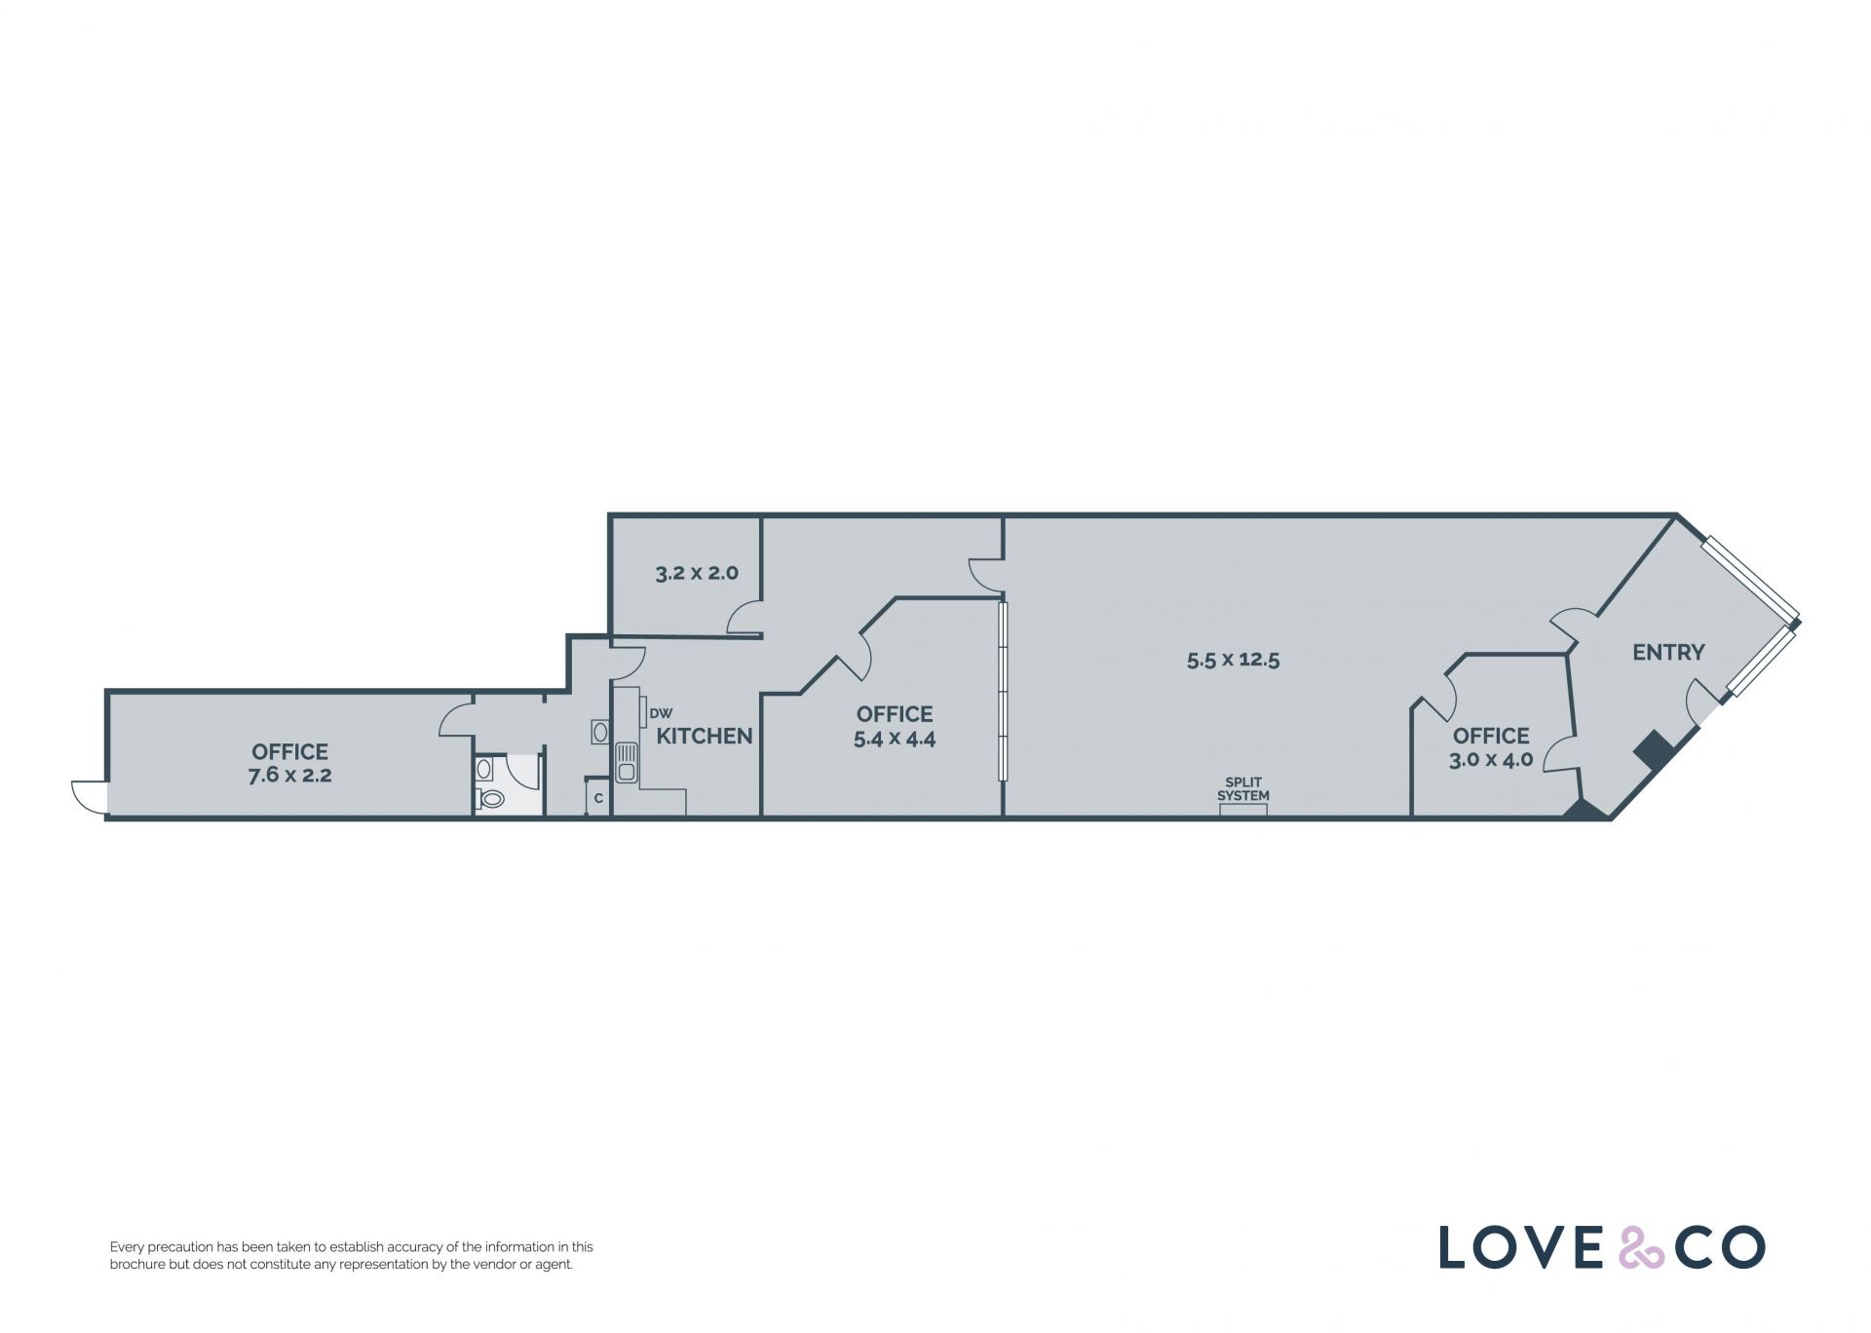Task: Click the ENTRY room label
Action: click(1668, 652)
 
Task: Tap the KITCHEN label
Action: click(705, 737)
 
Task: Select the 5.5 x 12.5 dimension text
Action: click(1233, 660)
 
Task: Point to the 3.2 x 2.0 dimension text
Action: click(697, 573)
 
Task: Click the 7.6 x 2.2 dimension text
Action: click(290, 776)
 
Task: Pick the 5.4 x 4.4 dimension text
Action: click(895, 739)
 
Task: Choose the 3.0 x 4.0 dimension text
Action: click(1491, 760)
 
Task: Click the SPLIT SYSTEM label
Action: click(1243, 789)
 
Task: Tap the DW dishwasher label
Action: click(661, 714)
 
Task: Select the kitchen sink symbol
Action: click(626, 762)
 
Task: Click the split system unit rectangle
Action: click(1243, 810)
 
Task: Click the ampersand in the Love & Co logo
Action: click(1641, 1248)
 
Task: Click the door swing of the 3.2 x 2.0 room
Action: click(745, 617)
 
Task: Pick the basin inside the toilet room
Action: click(484, 769)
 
